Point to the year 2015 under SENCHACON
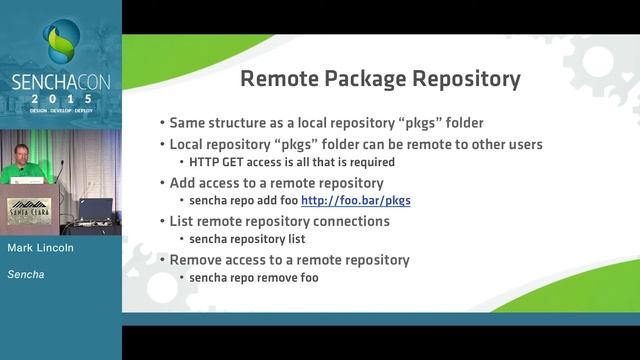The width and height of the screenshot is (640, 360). click(x=60, y=100)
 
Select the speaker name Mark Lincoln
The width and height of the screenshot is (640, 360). click(x=41, y=246)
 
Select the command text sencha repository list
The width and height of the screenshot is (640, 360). click(x=241, y=239)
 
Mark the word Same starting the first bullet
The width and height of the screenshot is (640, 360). click(x=188, y=124)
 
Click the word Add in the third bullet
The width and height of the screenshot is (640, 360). click(x=184, y=182)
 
